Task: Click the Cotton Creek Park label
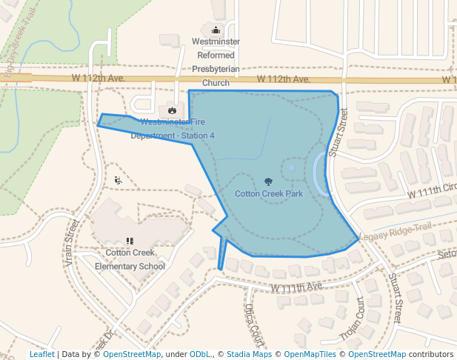[269, 194]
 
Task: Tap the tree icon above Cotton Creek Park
[268, 181]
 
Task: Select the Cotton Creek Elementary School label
[135, 259]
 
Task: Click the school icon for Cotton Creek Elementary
[130, 241]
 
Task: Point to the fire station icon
[172, 110]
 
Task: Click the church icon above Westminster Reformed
[216, 30]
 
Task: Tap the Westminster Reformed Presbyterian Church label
[216, 62]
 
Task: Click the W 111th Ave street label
[296, 287]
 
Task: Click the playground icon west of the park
[118, 180]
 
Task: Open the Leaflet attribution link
[41, 355]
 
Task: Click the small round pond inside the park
[292, 168]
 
